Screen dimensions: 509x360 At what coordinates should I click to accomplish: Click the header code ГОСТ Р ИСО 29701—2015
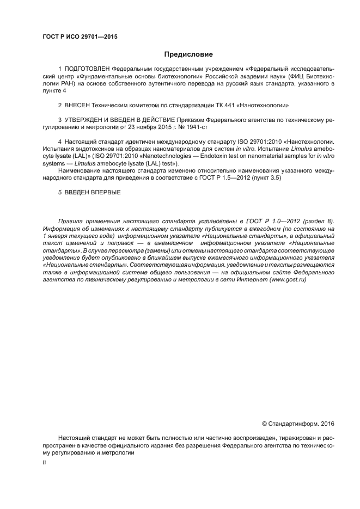pos(80,37)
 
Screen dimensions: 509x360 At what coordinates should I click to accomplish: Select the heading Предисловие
pos(188,54)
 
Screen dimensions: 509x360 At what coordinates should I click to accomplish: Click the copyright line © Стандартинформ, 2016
pos(298,423)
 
